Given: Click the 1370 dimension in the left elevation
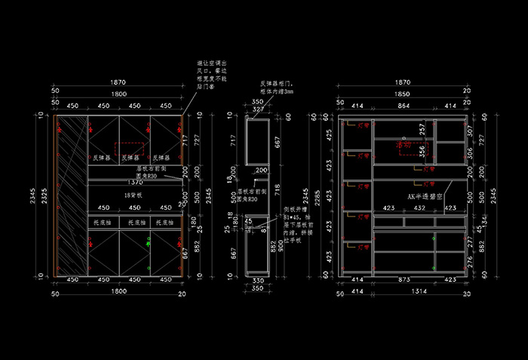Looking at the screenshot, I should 135,183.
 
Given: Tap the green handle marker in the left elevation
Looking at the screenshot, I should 149,243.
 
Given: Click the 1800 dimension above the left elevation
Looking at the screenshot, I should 118,94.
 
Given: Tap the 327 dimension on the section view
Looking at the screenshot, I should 257,109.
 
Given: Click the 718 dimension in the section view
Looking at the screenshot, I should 278,187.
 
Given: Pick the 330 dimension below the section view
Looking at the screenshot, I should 258,280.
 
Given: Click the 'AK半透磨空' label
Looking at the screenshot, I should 423,195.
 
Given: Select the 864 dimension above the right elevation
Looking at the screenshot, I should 404,106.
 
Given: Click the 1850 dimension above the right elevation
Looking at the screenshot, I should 403,94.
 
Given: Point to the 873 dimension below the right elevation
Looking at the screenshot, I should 403,280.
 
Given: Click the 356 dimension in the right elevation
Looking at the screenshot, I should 422,149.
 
